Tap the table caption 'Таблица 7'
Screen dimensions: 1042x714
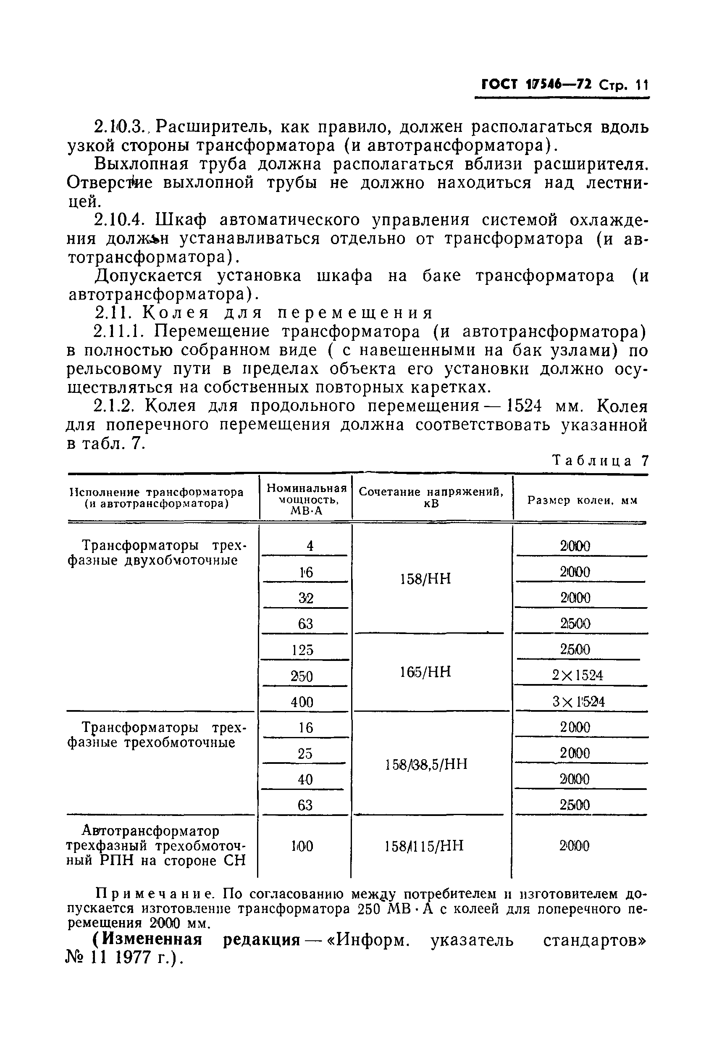(600, 460)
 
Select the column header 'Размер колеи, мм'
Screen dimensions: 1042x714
(582, 500)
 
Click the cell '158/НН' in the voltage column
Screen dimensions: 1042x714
(425, 579)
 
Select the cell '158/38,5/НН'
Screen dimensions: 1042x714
(426, 764)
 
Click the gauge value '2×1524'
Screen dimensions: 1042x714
(577, 675)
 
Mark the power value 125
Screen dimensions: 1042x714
(302, 650)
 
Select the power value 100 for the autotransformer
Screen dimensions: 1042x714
(302, 846)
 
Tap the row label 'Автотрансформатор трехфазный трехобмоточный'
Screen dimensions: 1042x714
(156, 846)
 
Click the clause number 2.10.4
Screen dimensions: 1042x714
(119, 220)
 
